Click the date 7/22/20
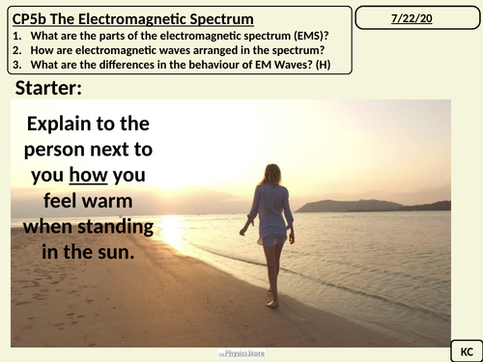(x=417, y=18)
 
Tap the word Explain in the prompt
(x=73, y=125)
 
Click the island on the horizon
(x=348, y=205)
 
